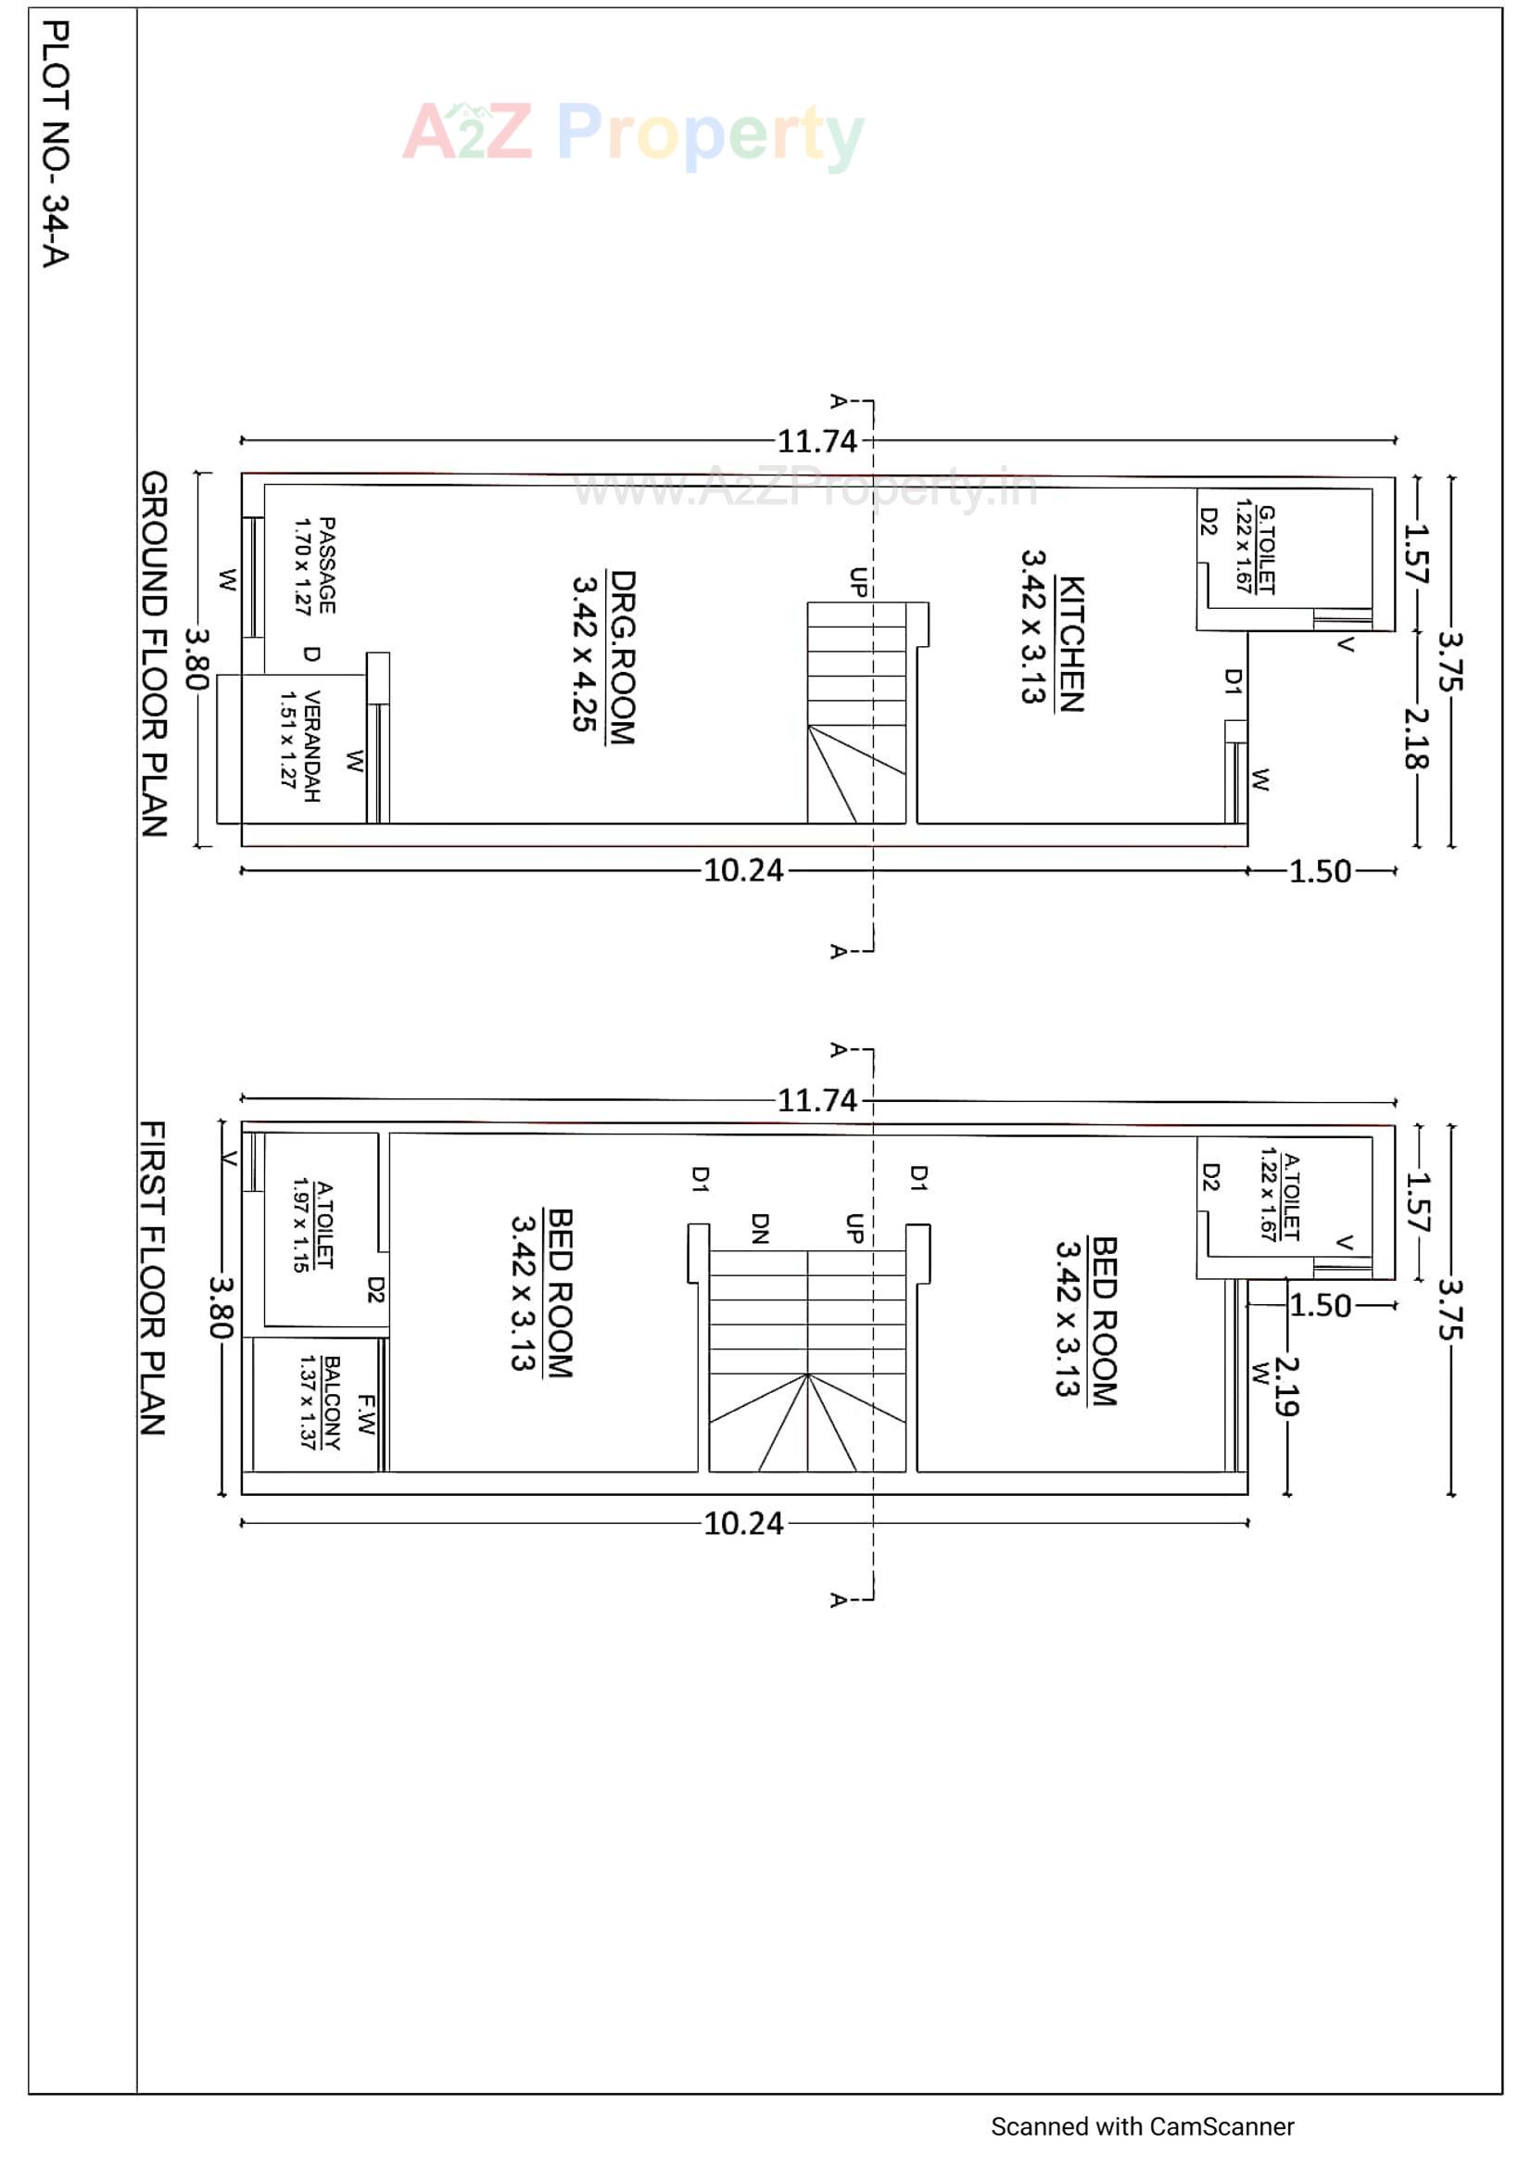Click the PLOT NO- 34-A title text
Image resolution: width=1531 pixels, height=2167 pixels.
coord(56,144)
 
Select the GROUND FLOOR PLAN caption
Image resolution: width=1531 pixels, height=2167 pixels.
coord(154,653)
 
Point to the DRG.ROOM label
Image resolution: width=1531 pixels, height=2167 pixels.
coord(622,657)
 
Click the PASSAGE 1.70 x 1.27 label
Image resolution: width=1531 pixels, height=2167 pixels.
coord(315,565)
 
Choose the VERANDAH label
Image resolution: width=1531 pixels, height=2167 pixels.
coord(311,745)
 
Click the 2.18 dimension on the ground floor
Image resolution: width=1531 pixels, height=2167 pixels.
coord(1417,738)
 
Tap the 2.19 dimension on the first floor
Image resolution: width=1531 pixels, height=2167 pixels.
coord(1286,1387)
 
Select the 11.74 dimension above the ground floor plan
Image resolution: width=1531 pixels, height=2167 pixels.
coord(816,441)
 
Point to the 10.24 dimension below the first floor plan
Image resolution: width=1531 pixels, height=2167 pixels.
coord(743,1524)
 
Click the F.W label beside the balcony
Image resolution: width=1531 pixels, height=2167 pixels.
coord(366,1413)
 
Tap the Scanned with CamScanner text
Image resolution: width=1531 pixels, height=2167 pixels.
coord(1141,2126)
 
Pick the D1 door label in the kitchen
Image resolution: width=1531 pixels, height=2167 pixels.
coord(1232,681)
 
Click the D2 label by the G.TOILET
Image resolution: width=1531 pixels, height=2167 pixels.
coord(1209,521)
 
